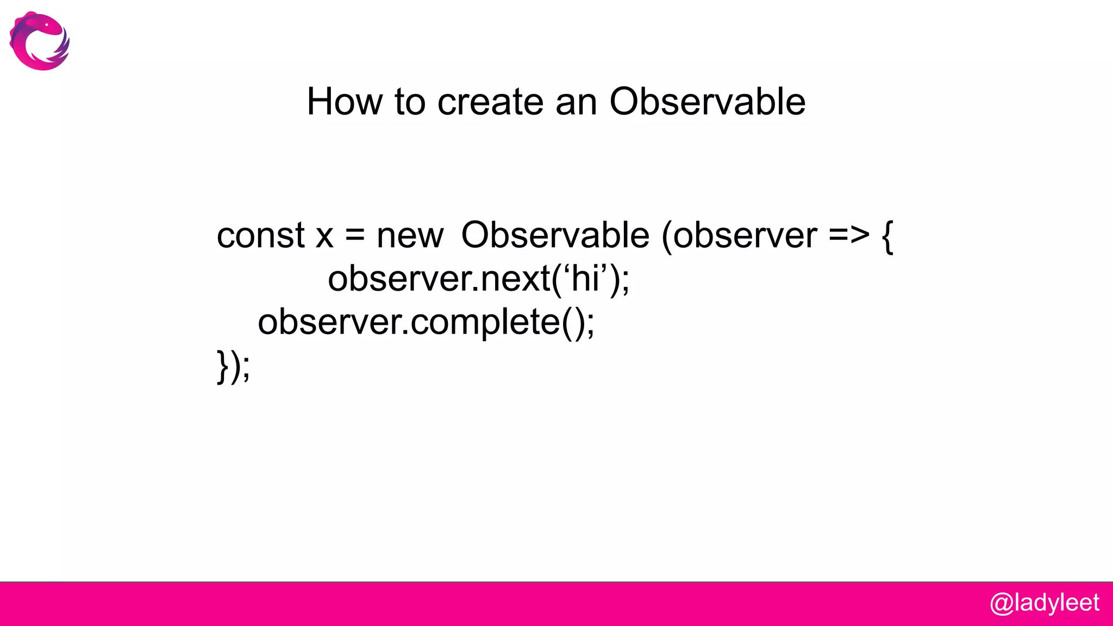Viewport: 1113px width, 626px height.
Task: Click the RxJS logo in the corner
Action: (39, 41)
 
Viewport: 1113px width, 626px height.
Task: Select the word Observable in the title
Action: (707, 102)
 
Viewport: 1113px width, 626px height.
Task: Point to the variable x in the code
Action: (324, 236)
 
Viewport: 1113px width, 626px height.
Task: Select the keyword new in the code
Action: (410, 236)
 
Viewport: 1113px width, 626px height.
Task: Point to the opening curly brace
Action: (887, 236)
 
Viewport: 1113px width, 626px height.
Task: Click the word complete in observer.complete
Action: (485, 323)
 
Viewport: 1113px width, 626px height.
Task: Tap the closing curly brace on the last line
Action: (222, 367)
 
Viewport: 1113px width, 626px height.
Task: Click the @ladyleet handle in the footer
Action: (1044, 603)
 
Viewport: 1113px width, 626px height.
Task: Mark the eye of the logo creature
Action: (47, 24)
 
